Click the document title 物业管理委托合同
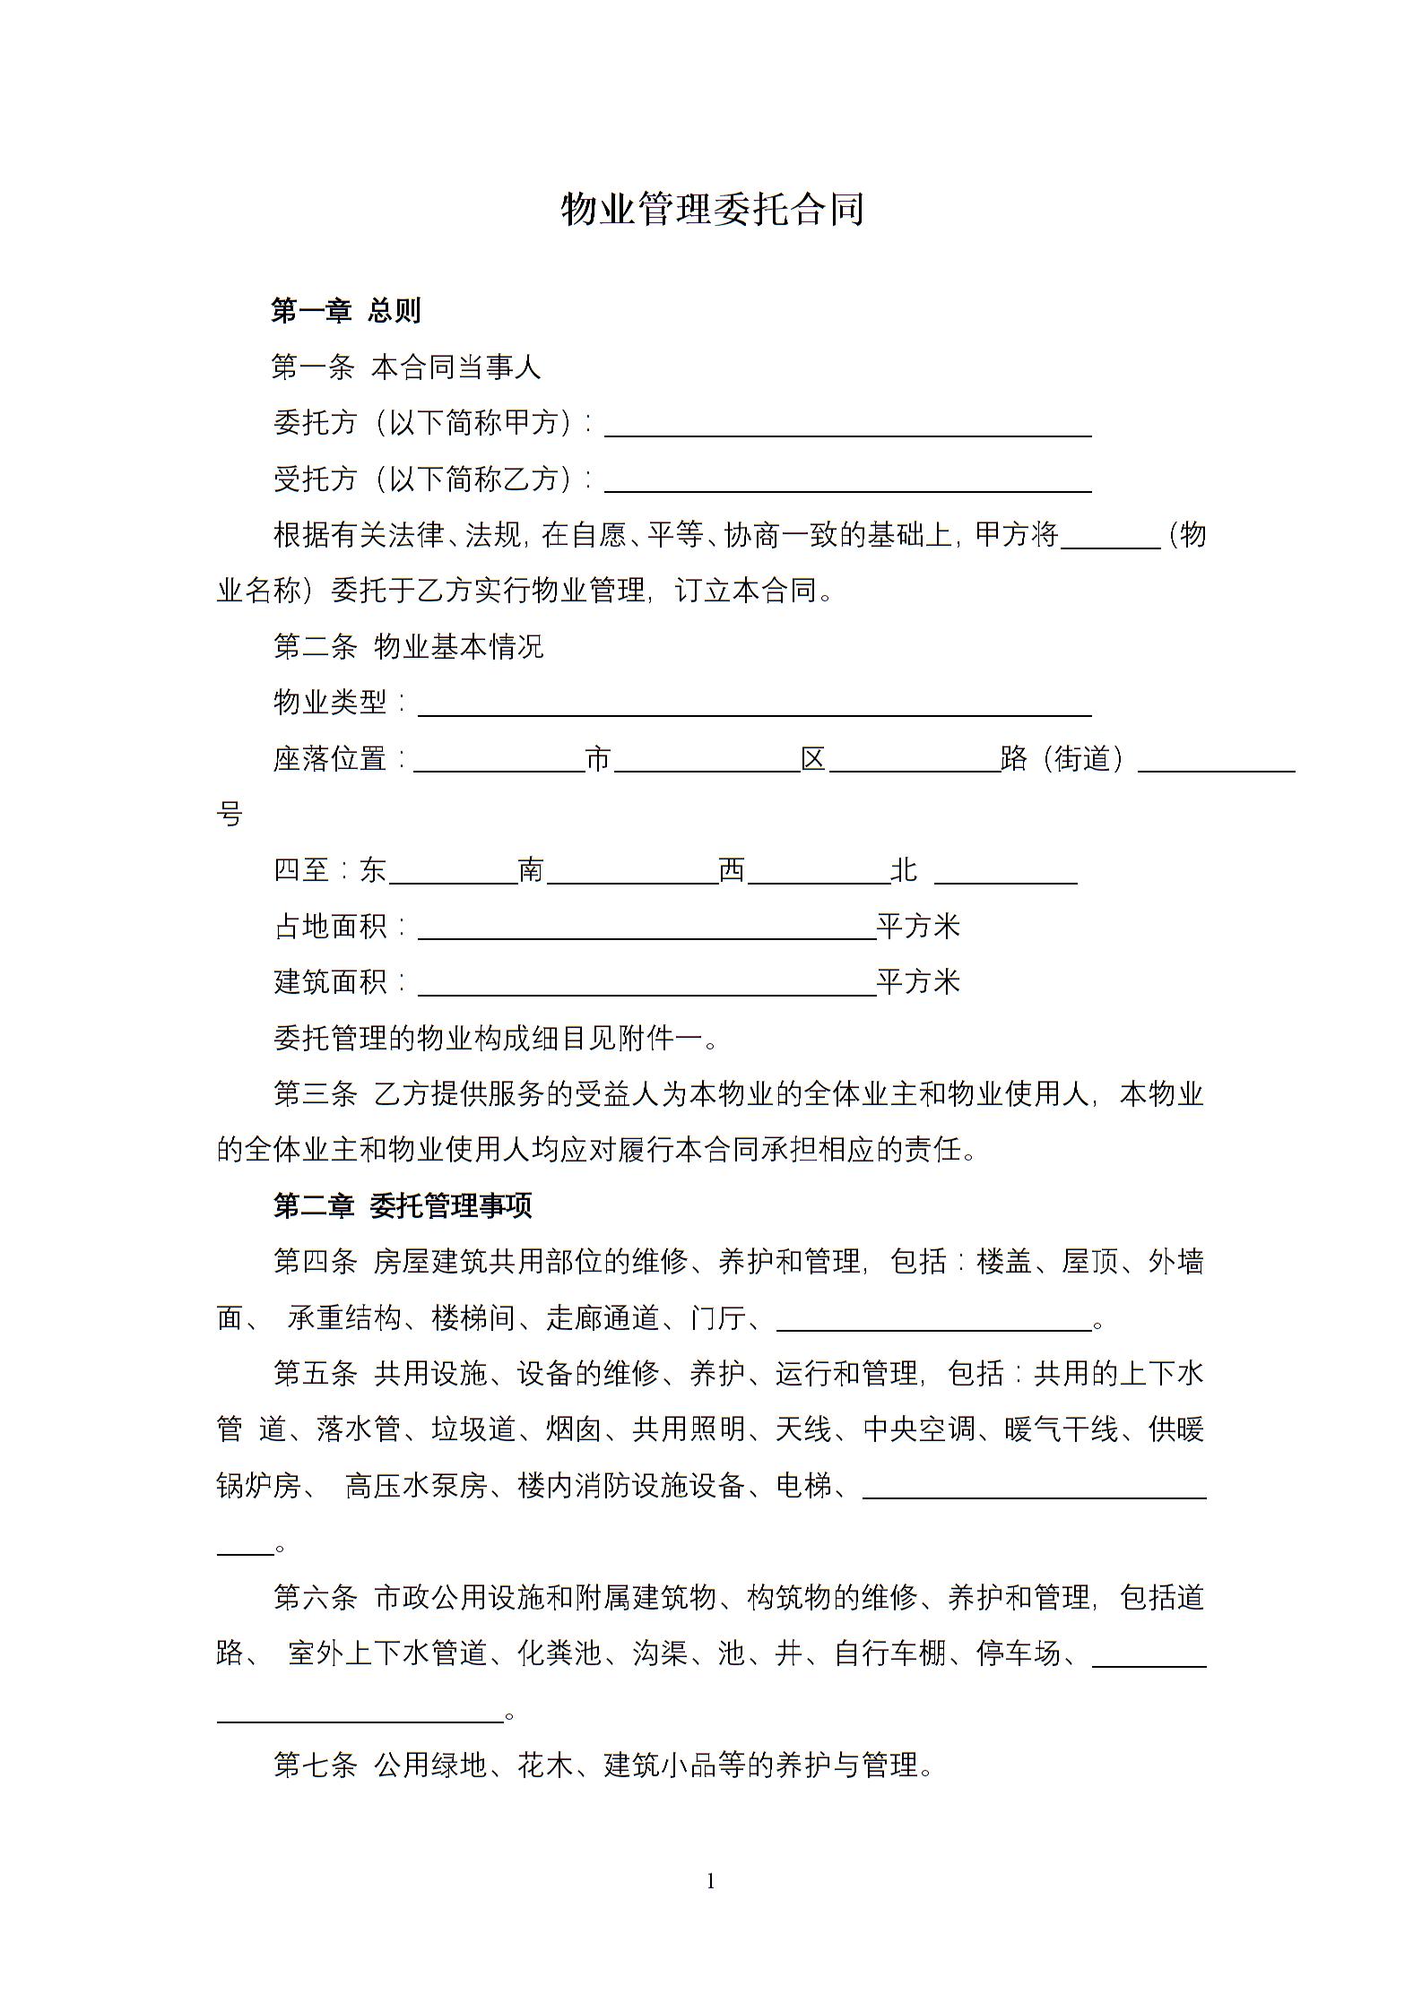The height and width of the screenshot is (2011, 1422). [x=712, y=210]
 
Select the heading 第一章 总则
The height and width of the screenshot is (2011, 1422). [x=346, y=311]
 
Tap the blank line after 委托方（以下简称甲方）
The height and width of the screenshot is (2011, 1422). [x=847, y=427]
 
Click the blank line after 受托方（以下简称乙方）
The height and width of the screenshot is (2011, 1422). [x=847, y=483]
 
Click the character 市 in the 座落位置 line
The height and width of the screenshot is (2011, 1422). [x=598, y=759]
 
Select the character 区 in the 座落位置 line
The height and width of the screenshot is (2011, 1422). [x=813, y=759]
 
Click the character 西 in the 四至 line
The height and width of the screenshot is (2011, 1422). [x=732, y=870]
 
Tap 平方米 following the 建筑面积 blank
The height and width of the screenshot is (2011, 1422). [x=918, y=982]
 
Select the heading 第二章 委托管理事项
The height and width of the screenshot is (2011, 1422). [x=403, y=1206]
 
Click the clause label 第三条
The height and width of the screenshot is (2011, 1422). [x=315, y=1094]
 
